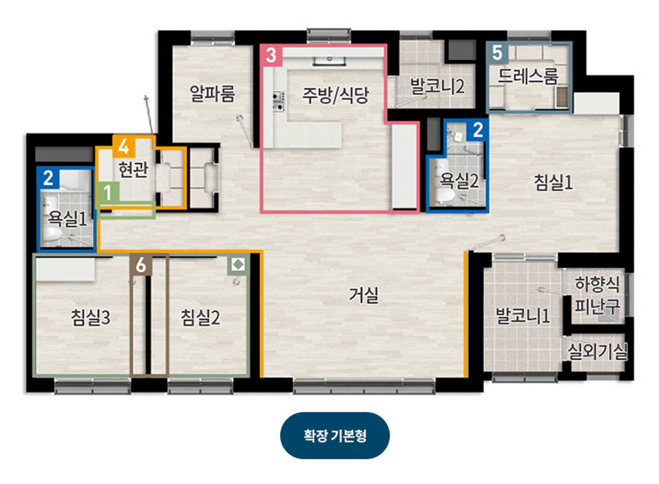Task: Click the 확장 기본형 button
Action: click(335, 435)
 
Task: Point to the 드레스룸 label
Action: click(528, 76)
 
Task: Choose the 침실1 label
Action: click(554, 182)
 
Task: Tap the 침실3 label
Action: click(91, 318)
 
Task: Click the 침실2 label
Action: click(200, 318)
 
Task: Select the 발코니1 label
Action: click(523, 316)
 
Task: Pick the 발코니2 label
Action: click(438, 86)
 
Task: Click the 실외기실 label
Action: click(597, 352)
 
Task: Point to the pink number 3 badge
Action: click(271, 55)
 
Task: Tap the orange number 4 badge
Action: click(124, 146)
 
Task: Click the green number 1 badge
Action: click(108, 192)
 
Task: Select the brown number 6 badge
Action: click(141, 265)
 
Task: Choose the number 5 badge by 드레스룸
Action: click(497, 53)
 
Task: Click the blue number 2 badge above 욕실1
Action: click(48, 178)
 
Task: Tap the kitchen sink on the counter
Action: click(329, 60)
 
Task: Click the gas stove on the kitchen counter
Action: click(279, 101)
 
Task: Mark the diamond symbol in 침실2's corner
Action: click(238, 264)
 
